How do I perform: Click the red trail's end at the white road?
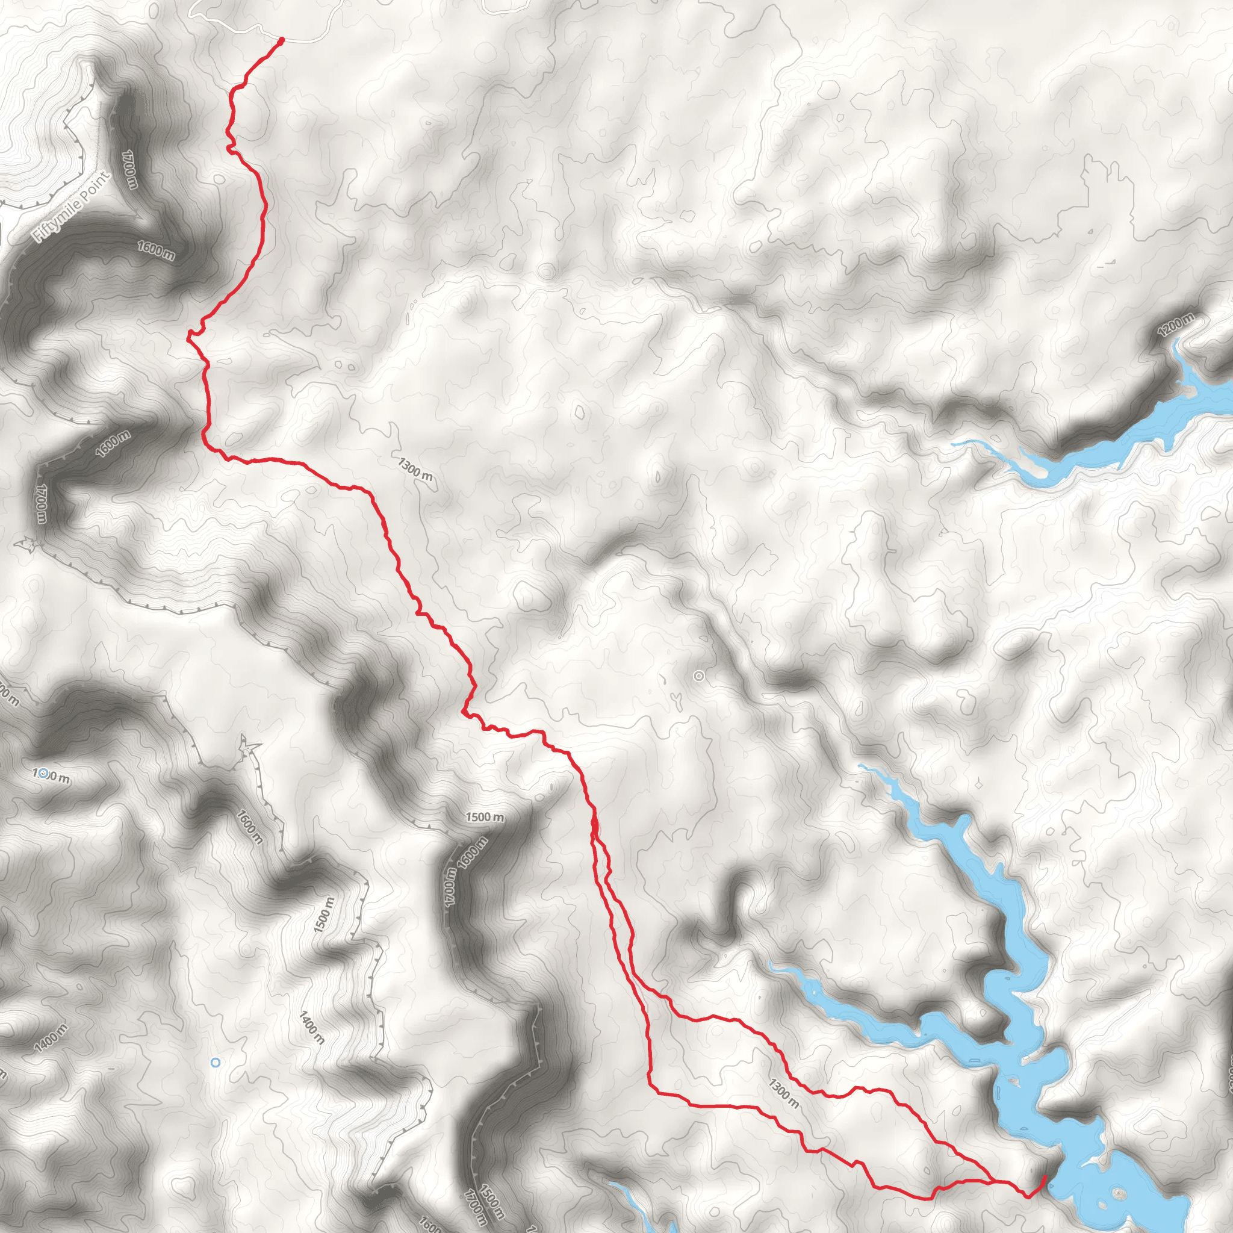pyautogui.click(x=281, y=40)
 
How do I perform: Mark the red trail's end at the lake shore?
pyautogui.click(x=1045, y=1176)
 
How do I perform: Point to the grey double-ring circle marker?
pyautogui.click(x=699, y=676)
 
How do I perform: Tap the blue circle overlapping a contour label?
pyautogui.click(x=43, y=774)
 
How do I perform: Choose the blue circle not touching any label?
pyautogui.click(x=216, y=1062)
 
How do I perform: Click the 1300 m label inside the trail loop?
pyautogui.click(x=783, y=1093)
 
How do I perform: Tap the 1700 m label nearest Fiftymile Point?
pyautogui.click(x=130, y=169)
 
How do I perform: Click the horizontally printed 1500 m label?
pyautogui.click(x=485, y=817)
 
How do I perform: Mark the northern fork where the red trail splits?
pyautogui.click(x=594, y=823)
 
